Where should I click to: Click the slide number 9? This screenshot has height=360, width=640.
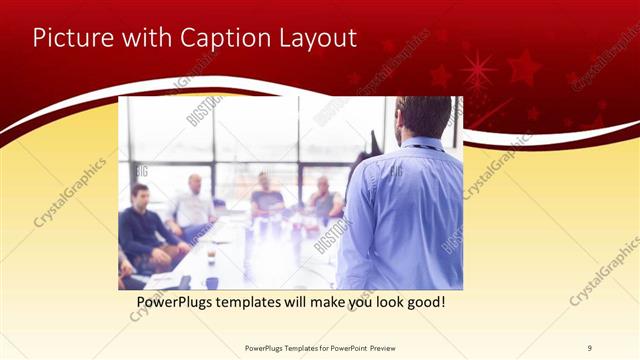tap(589, 348)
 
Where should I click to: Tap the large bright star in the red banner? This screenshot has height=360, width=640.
tap(477, 71)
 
